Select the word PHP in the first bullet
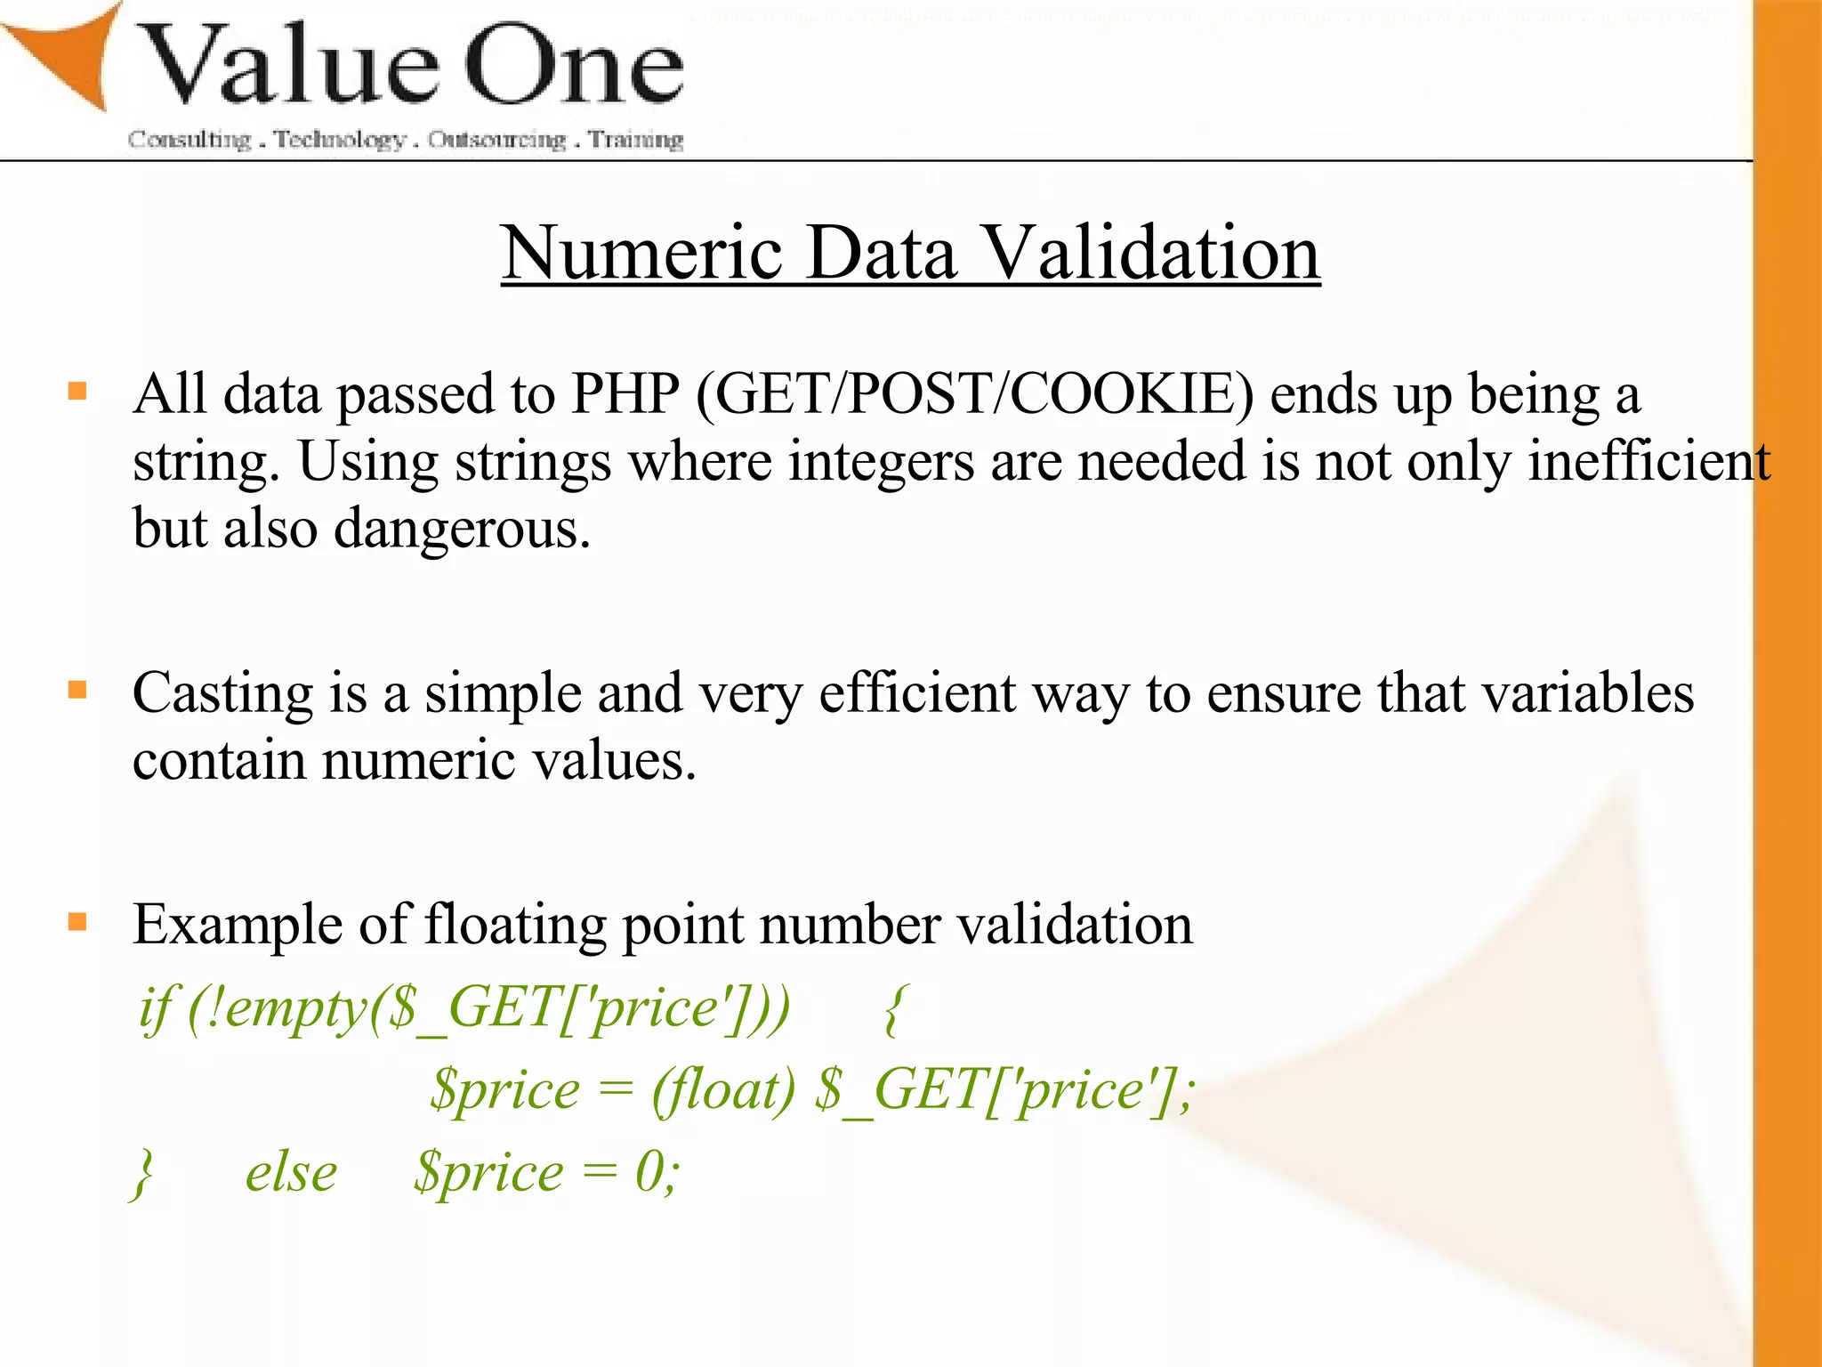pos(625,394)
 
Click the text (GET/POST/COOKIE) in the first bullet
pos(975,394)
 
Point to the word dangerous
pos(462,530)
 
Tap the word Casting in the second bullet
pos(222,695)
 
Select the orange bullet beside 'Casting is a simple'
pos(78,690)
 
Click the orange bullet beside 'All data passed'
pos(78,391)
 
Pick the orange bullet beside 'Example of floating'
pos(78,921)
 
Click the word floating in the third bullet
pos(515,926)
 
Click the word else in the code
pos(291,1173)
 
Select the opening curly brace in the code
pos(894,1010)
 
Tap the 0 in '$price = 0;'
pos(649,1173)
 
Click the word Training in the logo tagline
pos(635,140)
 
